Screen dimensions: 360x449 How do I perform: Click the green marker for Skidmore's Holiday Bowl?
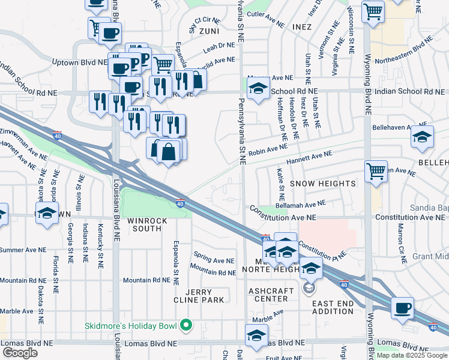(186, 326)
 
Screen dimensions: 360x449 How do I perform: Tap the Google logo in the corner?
(20, 353)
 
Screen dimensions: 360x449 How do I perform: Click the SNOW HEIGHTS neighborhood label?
(324, 183)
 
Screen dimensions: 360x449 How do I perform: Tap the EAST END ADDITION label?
(333, 307)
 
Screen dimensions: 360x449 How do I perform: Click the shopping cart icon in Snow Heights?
(376, 171)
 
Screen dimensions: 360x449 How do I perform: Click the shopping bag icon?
(169, 152)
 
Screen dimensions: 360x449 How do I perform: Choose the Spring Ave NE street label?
(214, 260)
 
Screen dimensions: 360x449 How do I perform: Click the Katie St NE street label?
(280, 185)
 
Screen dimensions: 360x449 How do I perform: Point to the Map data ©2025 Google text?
(412, 355)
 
